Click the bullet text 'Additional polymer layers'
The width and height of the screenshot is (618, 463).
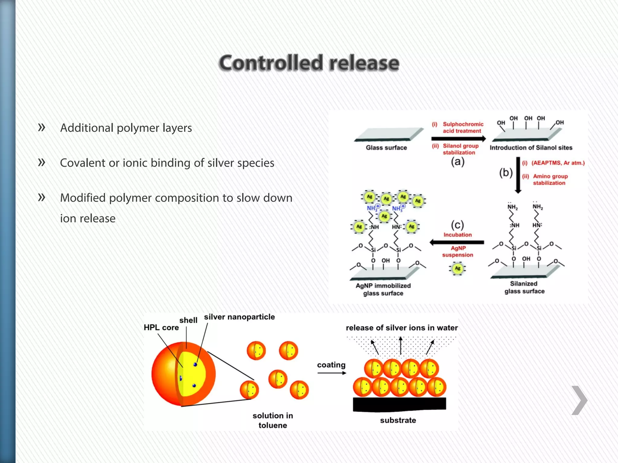[x=126, y=128]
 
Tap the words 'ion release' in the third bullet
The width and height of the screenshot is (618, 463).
[x=88, y=219]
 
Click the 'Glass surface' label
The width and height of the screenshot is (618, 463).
[x=386, y=148]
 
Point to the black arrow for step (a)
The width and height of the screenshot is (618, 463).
[x=458, y=139]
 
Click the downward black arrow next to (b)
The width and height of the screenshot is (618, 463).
[x=518, y=175]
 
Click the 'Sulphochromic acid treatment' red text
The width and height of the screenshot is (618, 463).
[x=462, y=128]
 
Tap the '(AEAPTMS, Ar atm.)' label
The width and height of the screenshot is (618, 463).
[x=558, y=163]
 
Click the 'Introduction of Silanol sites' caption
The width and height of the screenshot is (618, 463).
[x=531, y=148]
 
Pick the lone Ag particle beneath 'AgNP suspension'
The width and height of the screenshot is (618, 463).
[x=457, y=268]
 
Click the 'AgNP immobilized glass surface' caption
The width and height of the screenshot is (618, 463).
[x=383, y=289]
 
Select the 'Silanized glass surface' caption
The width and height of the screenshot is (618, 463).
[x=524, y=287]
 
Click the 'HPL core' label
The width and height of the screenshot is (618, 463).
[x=161, y=327]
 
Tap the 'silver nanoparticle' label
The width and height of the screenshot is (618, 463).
[x=239, y=317]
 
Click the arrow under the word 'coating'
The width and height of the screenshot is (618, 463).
[x=331, y=373]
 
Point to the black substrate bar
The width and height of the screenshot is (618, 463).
[x=399, y=404]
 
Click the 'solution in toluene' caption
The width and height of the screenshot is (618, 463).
[x=272, y=420]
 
